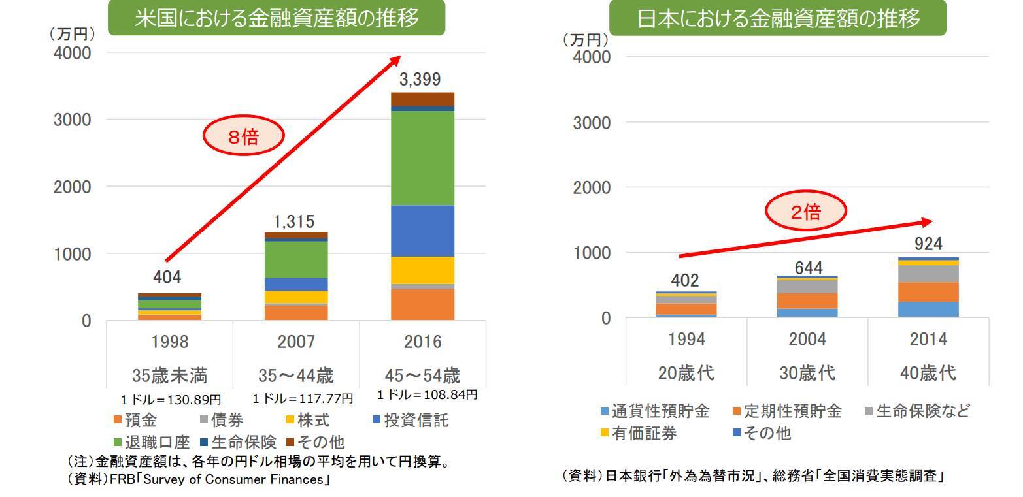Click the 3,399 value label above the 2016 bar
click(x=420, y=80)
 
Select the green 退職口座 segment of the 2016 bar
click(x=422, y=158)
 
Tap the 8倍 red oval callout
click(x=243, y=136)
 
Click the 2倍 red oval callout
click(x=805, y=211)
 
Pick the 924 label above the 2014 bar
click(x=928, y=244)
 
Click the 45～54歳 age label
click(x=422, y=376)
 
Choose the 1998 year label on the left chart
click(x=169, y=342)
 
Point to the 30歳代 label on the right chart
click(x=807, y=373)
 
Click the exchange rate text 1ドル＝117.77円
click(x=303, y=398)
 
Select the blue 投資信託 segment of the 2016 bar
click(x=422, y=231)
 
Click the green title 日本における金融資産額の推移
click(x=778, y=18)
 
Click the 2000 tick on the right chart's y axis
click(x=591, y=187)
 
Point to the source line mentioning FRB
click(x=197, y=480)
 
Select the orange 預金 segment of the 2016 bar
click(x=422, y=304)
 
